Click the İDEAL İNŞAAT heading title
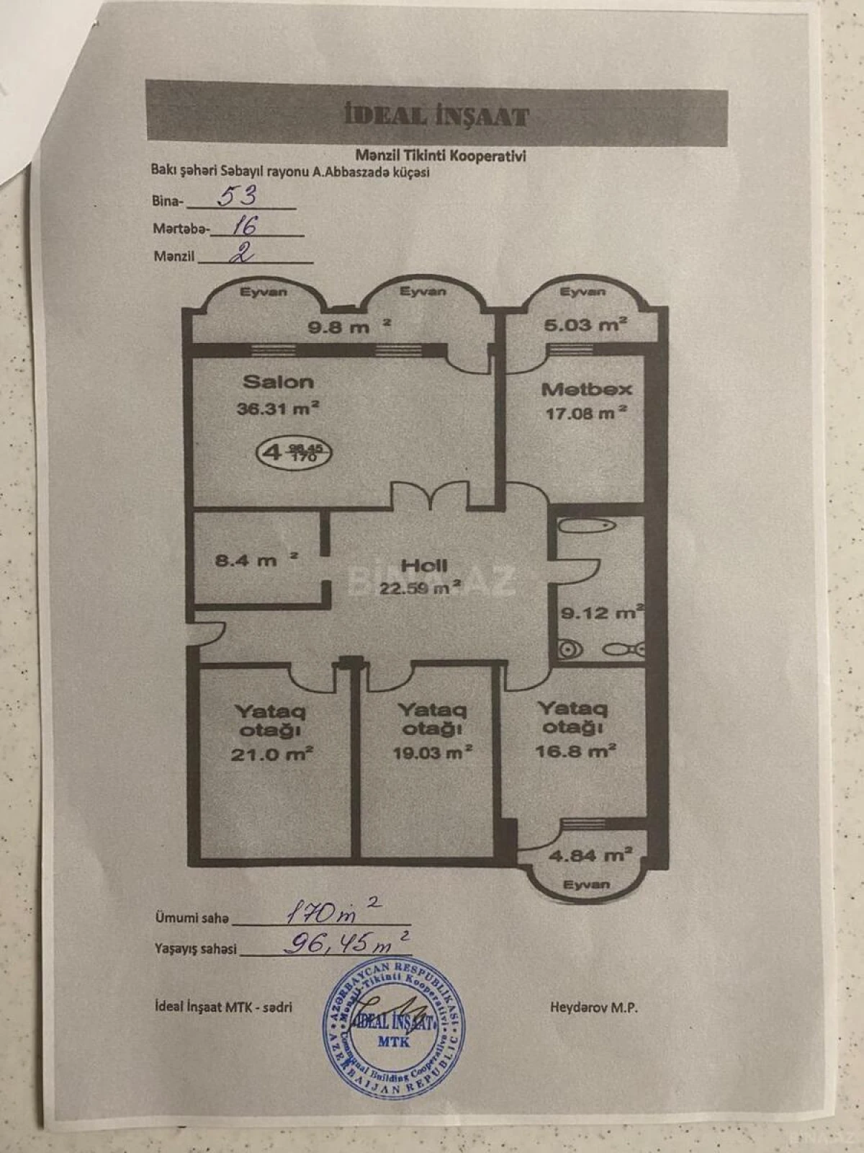click(436, 116)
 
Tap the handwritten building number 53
click(237, 197)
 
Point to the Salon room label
click(277, 382)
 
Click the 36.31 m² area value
click(278, 409)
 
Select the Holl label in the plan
click(424, 566)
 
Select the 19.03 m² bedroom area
click(433, 752)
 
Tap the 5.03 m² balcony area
click(582, 324)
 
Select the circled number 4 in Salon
click(271, 453)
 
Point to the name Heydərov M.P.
click(593, 1007)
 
